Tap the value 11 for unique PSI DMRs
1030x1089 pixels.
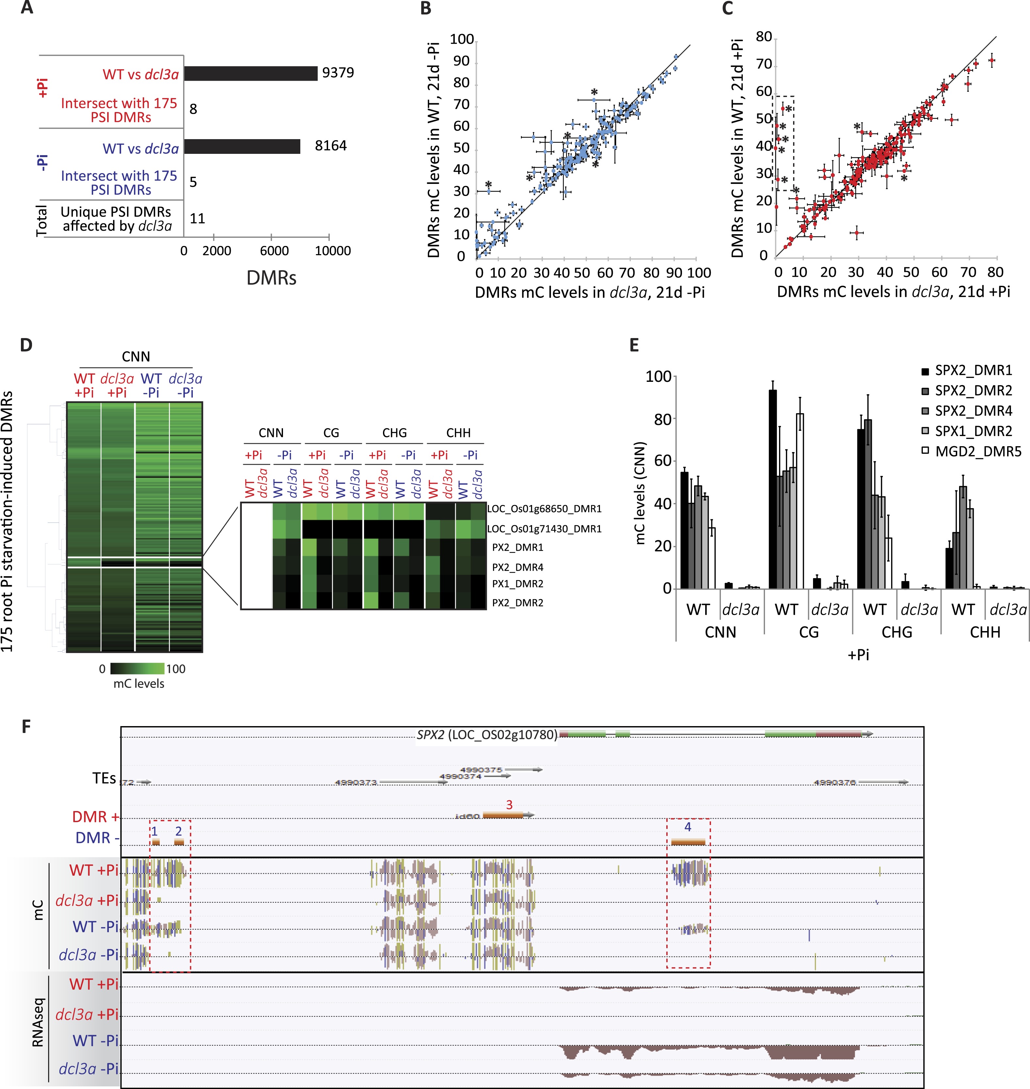197,219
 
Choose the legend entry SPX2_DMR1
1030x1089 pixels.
973,370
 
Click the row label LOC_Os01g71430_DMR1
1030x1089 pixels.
544,528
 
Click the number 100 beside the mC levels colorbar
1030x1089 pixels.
176,669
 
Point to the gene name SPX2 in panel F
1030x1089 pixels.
430,734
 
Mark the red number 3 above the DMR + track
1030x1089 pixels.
509,805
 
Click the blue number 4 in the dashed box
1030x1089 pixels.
688,827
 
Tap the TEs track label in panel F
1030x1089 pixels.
104,778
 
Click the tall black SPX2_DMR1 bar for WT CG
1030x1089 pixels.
772,489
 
